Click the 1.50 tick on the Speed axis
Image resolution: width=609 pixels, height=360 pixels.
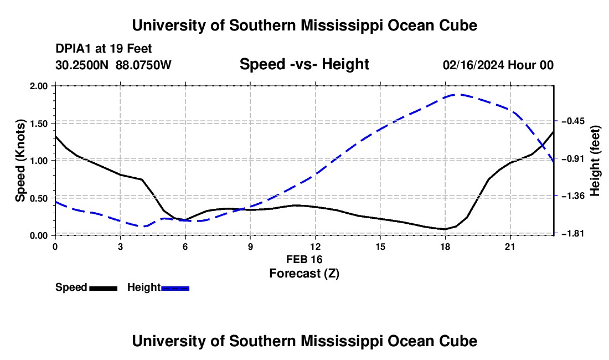coord(38,124)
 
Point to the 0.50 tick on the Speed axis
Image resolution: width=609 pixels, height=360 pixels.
coord(38,198)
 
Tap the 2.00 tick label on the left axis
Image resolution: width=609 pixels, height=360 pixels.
coord(38,86)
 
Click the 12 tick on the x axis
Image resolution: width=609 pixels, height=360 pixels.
coord(316,246)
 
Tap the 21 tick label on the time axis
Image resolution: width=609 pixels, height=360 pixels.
coord(510,246)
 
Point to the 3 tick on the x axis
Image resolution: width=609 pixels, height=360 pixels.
coord(120,246)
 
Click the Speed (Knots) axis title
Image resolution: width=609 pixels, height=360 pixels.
coord(20,161)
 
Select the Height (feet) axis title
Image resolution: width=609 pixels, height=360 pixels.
coord(595,161)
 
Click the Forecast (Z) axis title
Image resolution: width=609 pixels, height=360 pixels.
coord(304,274)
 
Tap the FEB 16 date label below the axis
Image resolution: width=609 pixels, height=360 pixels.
coord(304,259)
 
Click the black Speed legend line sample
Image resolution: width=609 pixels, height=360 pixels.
coord(104,289)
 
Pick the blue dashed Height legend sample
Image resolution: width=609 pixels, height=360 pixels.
coord(175,289)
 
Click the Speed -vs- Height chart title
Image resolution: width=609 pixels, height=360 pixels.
coord(304,64)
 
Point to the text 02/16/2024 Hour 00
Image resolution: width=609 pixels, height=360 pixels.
coord(498,65)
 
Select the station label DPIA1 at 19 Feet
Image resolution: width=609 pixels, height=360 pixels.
coord(104,49)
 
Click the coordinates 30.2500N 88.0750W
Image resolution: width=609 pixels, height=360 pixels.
coord(113,65)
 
